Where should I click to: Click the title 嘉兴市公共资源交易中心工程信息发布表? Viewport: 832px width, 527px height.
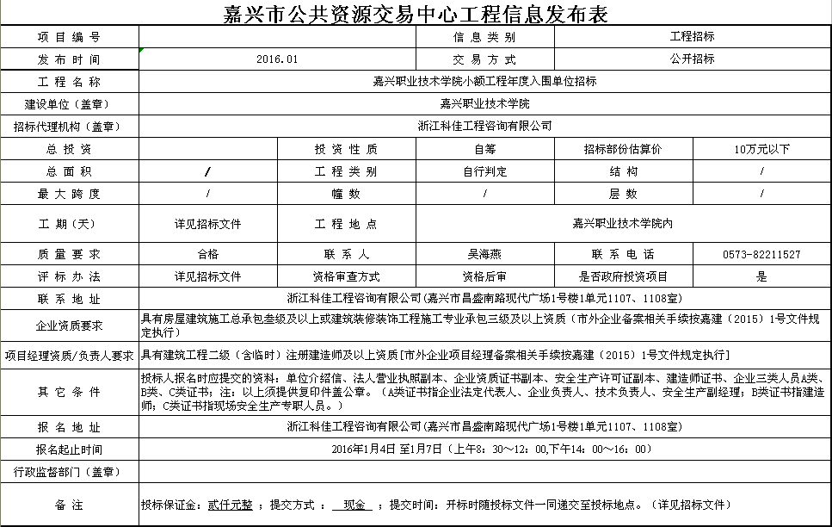pyautogui.click(x=416, y=13)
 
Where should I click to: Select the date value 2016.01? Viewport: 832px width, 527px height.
pyautogui.click(x=277, y=59)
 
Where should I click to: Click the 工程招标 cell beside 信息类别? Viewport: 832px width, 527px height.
pyautogui.click(x=692, y=37)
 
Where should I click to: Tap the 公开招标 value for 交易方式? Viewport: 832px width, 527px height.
pyautogui.click(x=692, y=59)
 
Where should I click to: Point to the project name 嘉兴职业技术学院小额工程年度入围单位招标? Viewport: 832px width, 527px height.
pyautogui.click(x=484, y=82)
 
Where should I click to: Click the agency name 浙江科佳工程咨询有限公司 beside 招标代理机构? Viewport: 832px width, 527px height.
pyautogui.click(x=484, y=126)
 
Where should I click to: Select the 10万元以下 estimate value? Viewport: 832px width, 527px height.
pyautogui.click(x=761, y=149)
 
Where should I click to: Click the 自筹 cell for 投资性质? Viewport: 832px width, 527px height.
pyautogui.click(x=484, y=149)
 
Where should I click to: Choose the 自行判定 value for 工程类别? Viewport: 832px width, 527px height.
pyautogui.click(x=484, y=171)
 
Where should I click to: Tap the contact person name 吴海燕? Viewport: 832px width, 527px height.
pyautogui.click(x=484, y=255)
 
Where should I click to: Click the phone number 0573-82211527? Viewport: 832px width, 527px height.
pyautogui.click(x=761, y=255)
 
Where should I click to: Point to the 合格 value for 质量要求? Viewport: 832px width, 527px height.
pyautogui.click(x=207, y=255)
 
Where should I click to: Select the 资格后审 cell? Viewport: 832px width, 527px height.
pyautogui.click(x=484, y=277)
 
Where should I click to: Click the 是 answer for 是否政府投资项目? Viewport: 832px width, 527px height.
pyautogui.click(x=761, y=277)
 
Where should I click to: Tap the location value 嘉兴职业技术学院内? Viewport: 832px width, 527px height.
pyautogui.click(x=622, y=224)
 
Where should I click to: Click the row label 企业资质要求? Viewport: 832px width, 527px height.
pyautogui.click(x=69, y=326)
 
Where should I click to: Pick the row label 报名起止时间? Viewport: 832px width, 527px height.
pyautogui.click(x=69, y=449)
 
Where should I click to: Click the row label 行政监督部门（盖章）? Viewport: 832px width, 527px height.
pyautogui.click(x=69, y=472)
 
